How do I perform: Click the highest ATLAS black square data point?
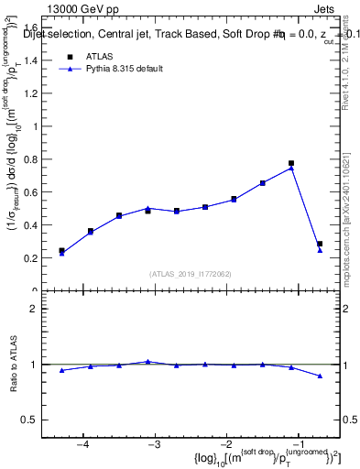pos(291,163)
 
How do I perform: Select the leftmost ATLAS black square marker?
pos(61,250)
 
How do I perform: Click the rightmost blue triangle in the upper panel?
pos(320,250)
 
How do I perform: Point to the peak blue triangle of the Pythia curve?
pos(291,169)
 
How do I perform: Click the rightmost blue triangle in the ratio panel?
pos(320,376)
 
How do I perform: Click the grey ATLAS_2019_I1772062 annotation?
pos(191,274)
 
